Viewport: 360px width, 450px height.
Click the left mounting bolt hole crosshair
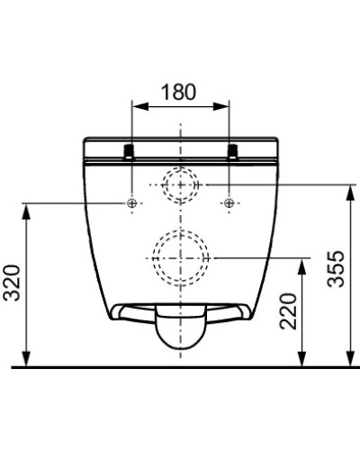(x=132, y=203)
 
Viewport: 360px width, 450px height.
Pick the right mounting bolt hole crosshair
(x=230, y=203)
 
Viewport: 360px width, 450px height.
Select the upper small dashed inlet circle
(x=181, y=184)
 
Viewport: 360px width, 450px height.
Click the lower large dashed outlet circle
(x=181, y=255)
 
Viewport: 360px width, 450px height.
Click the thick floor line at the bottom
(x=180, y=366)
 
